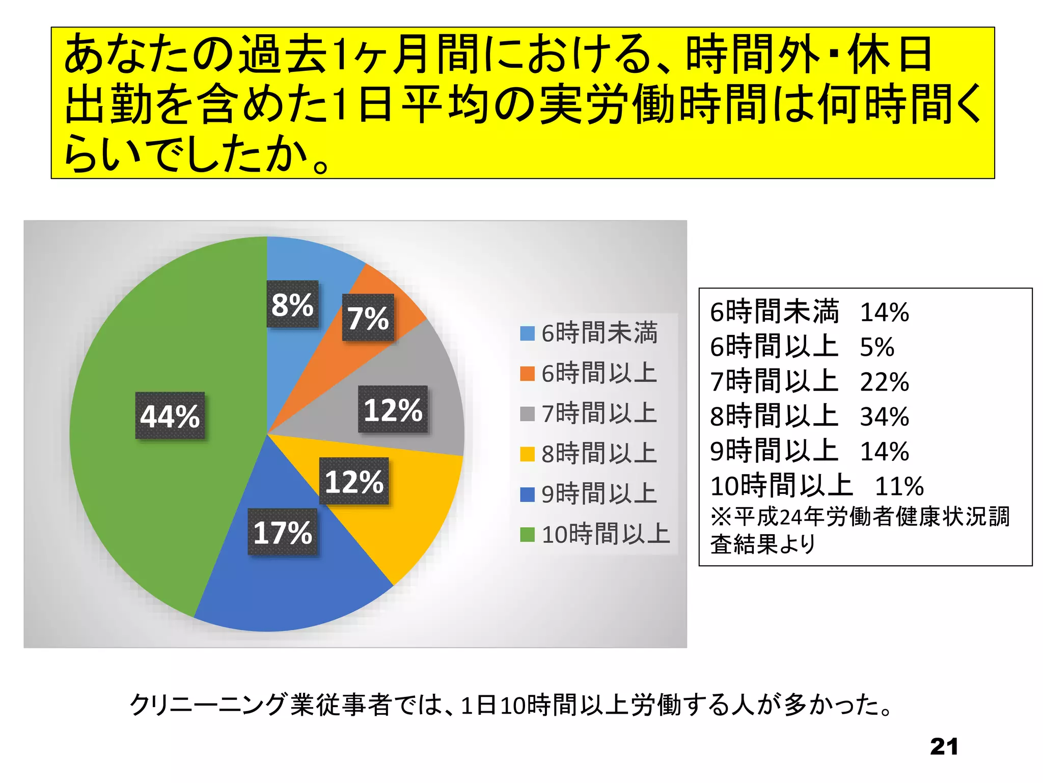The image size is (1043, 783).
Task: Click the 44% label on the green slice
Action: pyautogui.click(x=170, y=415)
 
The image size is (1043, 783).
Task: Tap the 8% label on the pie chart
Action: pyautogui.click(x=292, y=304)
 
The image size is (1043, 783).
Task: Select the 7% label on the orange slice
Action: pyautogui.click(x=368, y=318)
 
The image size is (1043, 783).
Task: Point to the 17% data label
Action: pyautogui.click(x=283, y=532)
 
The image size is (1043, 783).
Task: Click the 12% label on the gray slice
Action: pyautogui.click(x=393, y=409)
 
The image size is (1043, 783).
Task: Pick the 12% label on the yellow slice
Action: pyautogui.click(x=354, y=481)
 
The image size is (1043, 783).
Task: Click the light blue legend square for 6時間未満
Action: pyautogui.click(x=527, y=333)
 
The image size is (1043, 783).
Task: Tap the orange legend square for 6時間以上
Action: pyautogui.click(x=527, y=374)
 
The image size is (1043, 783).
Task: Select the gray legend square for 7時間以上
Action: pyautogui.click(x=527, y=414)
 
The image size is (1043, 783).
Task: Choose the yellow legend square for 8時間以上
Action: pyautogui.click(x=527, y=454)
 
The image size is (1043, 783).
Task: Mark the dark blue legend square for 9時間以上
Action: pyautogui.click(x=527, y=494)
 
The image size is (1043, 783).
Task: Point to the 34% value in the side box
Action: pyautogui.click(x=885, y=416)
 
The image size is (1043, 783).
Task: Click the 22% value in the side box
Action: pyautogui.click(x=885, y=382)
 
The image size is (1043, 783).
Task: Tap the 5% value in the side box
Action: pyautogui.click(x=877, y=347)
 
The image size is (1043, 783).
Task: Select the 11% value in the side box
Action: pyautogui.click(x=899, y=486)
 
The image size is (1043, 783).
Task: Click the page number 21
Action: pyautogui.click(x=944, y=747)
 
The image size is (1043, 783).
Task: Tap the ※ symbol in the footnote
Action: pyautogui.click(x=721, y=517)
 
